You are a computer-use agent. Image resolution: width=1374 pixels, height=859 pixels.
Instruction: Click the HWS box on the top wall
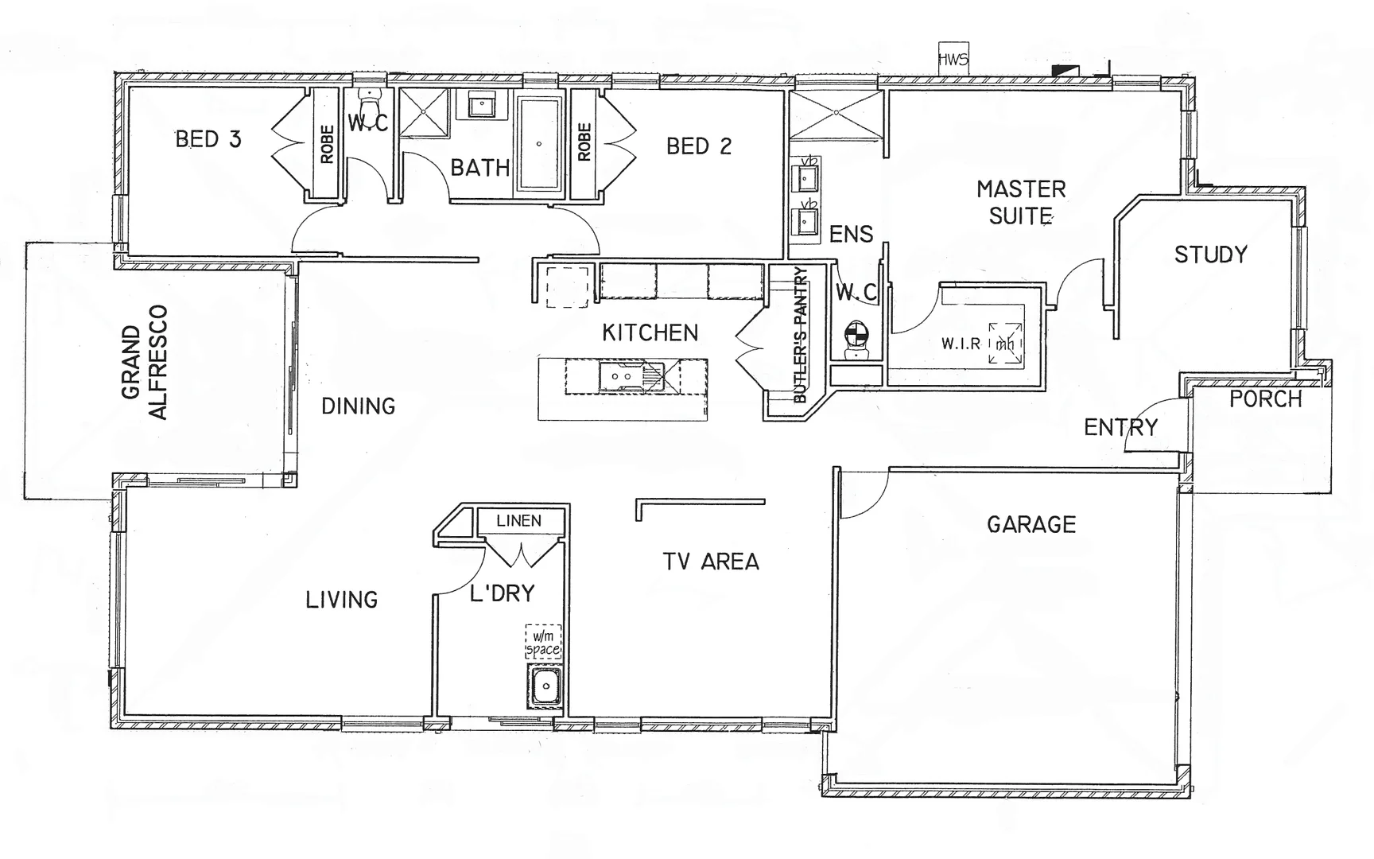[953, 60]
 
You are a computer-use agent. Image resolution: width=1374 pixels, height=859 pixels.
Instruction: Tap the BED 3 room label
[208, 139]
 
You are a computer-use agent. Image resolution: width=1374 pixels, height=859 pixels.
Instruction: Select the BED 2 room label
[698, 146]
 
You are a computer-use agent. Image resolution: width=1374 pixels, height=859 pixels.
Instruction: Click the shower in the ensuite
[836, 115]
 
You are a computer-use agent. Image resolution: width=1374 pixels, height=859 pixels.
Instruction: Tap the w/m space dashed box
[544, 642]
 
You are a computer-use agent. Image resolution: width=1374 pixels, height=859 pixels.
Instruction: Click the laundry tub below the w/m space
[545, 686]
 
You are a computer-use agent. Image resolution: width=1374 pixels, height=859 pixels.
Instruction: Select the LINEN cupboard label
[518, 521]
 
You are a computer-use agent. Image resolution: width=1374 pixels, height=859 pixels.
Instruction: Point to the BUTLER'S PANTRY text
[800, 334]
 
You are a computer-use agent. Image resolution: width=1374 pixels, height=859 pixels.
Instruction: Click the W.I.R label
[961, 344]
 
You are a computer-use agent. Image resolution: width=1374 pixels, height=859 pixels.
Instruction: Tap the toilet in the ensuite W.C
[856, 339]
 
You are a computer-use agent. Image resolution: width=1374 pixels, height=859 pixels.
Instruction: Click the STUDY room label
[1210, 255]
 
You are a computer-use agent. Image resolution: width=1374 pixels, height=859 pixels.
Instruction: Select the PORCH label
[1266, 399]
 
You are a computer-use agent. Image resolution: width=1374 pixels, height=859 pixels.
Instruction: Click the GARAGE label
[1031, 524]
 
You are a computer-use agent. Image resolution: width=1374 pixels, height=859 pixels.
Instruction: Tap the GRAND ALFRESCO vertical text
[145, 362]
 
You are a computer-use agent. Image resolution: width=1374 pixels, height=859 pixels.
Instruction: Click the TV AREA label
[711, 562]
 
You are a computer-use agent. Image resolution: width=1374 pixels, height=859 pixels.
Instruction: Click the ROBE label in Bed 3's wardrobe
[327, 144]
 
